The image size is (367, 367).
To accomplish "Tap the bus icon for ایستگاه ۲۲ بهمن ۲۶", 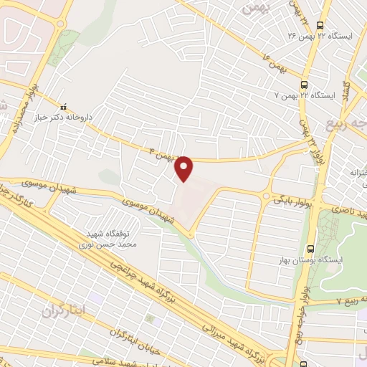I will [x=321, y=23].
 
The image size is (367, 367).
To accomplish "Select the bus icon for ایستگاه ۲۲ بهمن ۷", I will [x=304, y=84].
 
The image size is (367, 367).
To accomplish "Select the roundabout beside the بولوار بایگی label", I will [x=266, y=195].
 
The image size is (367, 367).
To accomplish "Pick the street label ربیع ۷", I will [x=348, y=302].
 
